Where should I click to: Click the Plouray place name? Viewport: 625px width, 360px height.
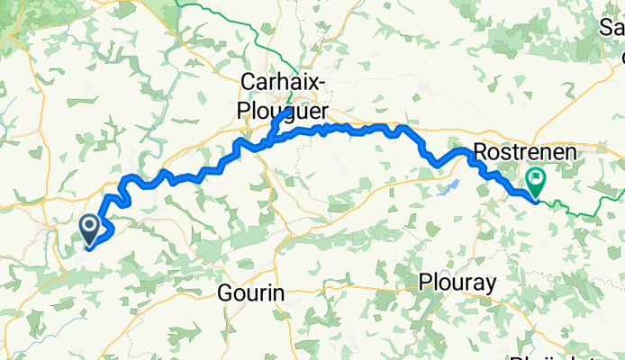point(457,283)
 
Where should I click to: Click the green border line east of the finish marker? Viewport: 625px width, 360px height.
point(585,211)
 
